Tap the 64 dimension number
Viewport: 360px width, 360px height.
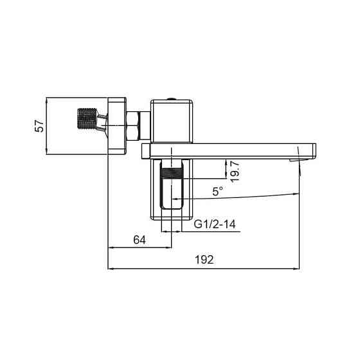139,239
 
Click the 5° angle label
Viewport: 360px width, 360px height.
219,191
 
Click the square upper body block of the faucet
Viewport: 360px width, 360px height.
171,121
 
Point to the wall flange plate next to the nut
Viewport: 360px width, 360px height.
117,125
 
